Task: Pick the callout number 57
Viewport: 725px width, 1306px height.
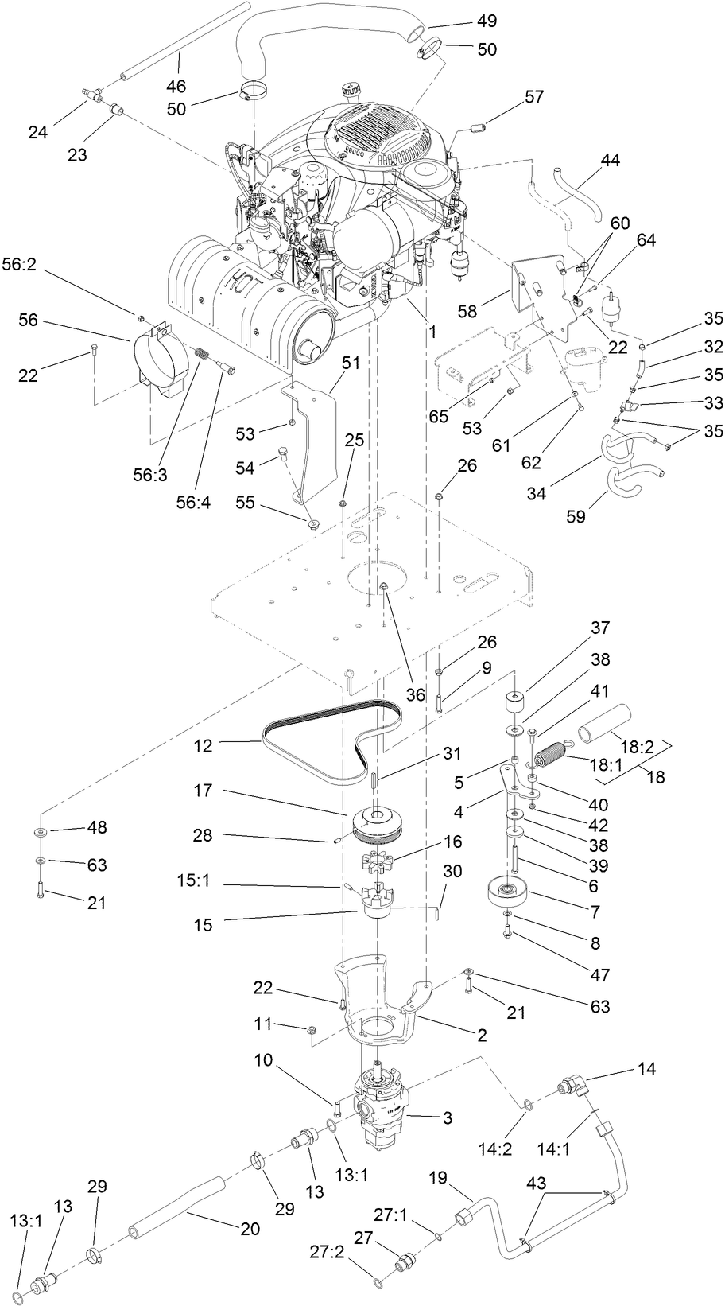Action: point(534,97)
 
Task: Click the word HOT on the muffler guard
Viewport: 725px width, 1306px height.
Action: point(239,282)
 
